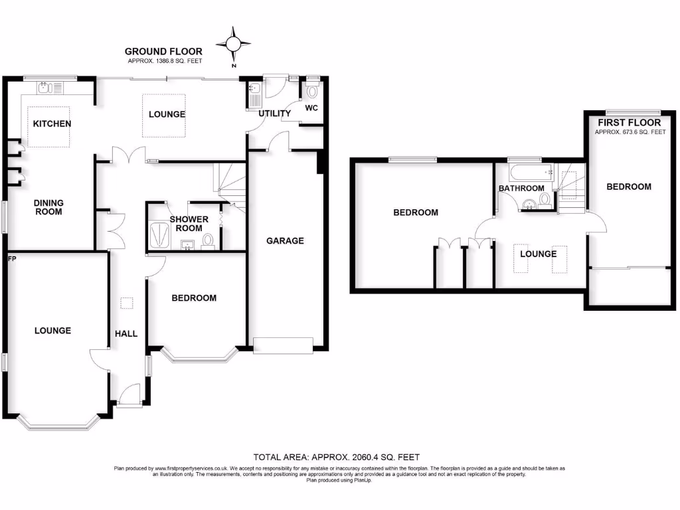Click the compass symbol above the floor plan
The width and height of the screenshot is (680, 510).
click(234, 44)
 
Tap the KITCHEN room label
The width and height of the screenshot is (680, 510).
click(52, 124)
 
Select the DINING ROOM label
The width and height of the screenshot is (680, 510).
click(49, 207)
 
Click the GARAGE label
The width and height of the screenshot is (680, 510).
click(286, 240)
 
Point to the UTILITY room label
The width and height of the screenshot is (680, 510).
click(275, 114)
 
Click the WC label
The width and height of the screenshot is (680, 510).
click(312, 108)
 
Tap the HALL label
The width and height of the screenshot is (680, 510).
click(126, 333)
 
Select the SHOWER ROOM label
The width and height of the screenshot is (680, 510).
click(189, 224)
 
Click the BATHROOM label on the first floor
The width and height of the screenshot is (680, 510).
click(521, 189)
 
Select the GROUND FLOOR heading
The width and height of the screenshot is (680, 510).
click(163, 51)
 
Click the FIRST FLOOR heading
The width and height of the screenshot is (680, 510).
click(629, 123)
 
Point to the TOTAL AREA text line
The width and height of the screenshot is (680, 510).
click(337, 457)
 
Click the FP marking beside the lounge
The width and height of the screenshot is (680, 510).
click(11, 256)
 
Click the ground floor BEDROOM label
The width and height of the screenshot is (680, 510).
click(194, 298)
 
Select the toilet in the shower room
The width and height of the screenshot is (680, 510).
click(209, 240)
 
